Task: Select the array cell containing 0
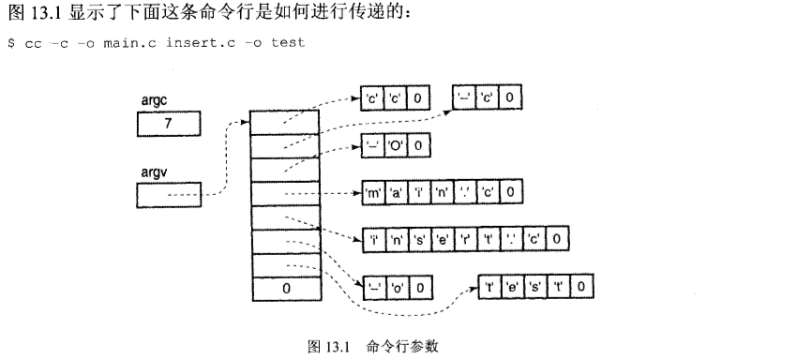click(286, 288)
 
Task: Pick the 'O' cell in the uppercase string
click(395, 145)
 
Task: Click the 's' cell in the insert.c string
click(417, 239)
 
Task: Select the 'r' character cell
click(465, 239)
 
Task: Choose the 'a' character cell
click(395, 193)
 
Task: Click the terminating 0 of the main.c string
click(510, 193)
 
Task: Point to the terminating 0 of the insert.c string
click(557, 239)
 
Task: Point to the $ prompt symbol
click(10, 43)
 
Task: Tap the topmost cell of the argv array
click(286, 123)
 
